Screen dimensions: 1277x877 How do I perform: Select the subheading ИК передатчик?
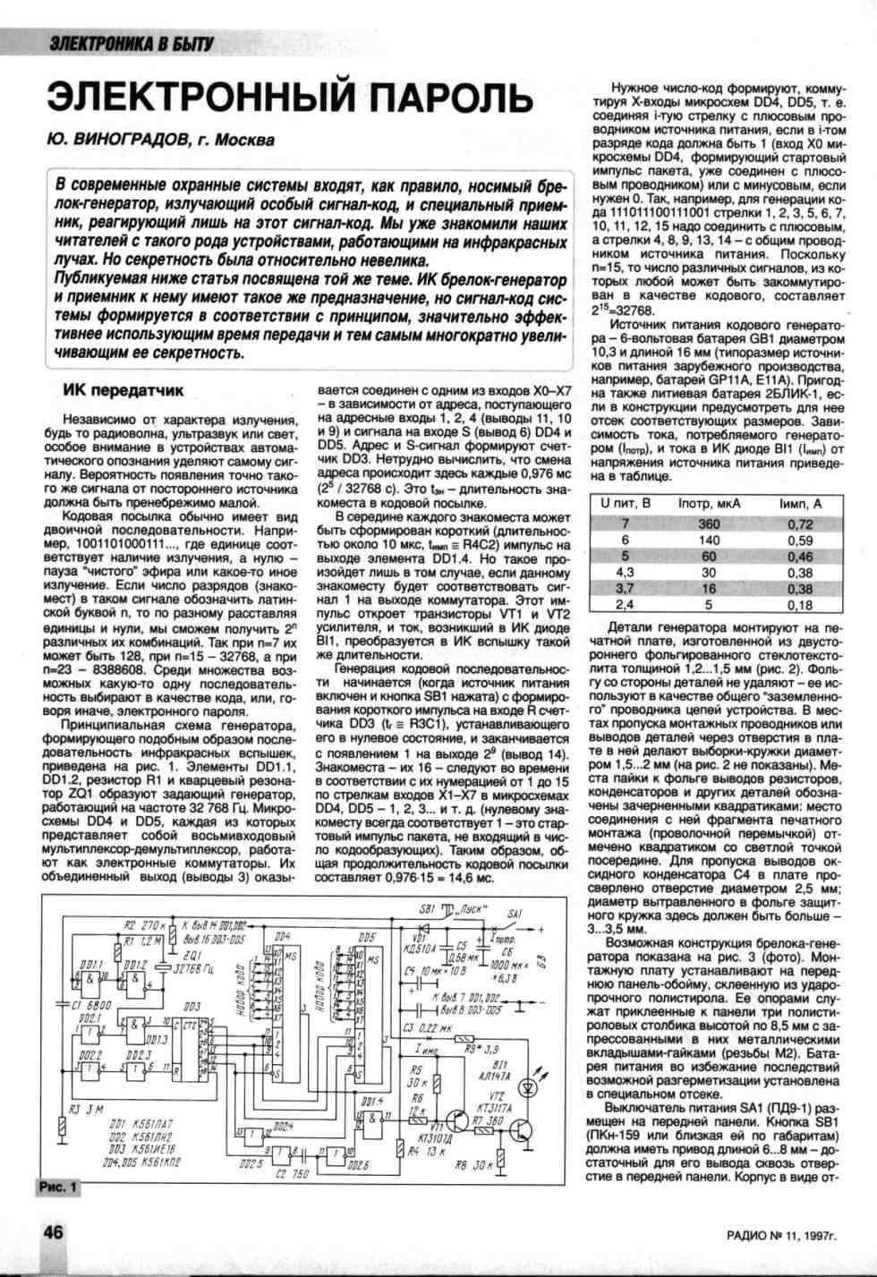[x=123, y=390]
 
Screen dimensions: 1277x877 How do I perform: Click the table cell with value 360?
[x=709, y=524]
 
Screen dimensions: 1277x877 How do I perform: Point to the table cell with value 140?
[x=709, y=541]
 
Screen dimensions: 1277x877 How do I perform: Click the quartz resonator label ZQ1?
[x=190, y=955]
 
